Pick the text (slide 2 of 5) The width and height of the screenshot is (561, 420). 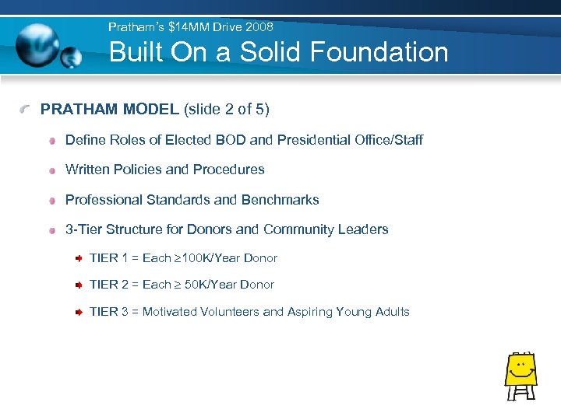(227, 110)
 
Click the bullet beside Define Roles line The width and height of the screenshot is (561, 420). (51, 141)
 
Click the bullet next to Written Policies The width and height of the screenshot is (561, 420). (51, 170)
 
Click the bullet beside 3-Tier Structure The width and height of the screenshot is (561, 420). (51, 230)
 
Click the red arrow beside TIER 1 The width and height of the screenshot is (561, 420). (79, 258)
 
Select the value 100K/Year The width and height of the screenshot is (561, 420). (210, 258)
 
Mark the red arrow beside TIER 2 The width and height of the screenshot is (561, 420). (79, 285)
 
